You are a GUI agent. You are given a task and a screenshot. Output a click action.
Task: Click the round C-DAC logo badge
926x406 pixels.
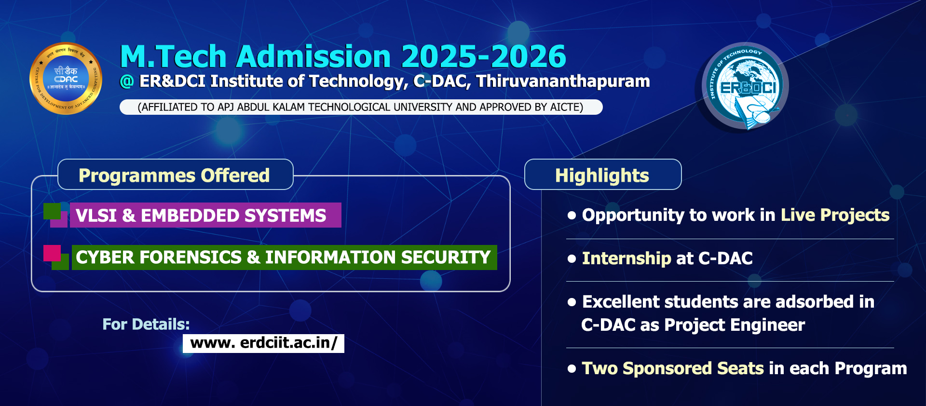pos(66,79)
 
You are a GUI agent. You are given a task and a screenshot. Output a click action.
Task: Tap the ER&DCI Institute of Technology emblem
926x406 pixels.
pos(744,87)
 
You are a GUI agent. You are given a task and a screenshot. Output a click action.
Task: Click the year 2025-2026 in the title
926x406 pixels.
pos(484,56)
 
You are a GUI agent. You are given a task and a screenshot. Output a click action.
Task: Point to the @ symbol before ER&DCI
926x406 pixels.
pos(127,81)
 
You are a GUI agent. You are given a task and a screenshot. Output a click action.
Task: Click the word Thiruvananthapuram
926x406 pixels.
pos(563,81)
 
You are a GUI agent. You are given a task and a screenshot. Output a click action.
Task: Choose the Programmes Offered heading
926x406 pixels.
pos(174,176)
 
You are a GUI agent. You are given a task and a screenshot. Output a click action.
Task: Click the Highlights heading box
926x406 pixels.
pos(603,175)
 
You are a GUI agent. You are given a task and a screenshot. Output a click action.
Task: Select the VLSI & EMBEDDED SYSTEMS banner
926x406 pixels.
pos(205,215)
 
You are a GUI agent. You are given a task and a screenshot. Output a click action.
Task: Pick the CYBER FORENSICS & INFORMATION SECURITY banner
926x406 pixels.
pos(284,257)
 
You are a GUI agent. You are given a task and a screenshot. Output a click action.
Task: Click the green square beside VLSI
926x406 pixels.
pos(52,211)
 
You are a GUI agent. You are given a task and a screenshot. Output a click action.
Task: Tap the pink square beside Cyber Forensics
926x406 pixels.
pos(52,253)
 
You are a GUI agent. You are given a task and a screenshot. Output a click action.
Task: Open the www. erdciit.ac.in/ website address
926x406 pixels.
pos(263,343)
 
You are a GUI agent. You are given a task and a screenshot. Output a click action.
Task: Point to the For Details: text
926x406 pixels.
pos(146,324)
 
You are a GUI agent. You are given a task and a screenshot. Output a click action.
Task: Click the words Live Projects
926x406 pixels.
pos(835,215)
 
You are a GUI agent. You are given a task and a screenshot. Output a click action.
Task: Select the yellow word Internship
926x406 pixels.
pos(626,258)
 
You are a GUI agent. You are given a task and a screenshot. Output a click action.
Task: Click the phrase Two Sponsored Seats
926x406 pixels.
pos(673,368)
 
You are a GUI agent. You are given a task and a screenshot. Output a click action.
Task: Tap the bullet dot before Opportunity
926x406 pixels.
pos(572,215)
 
